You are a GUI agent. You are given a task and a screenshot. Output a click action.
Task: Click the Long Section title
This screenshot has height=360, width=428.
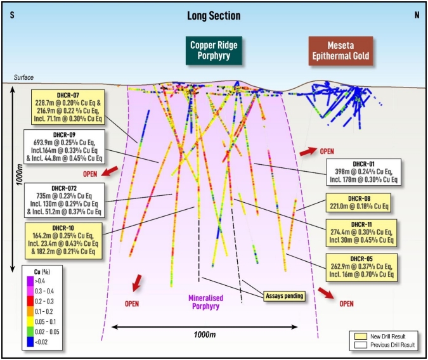pos(214,16)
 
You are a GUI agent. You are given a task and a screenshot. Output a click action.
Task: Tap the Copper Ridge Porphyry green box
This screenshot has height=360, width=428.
pos(214,51)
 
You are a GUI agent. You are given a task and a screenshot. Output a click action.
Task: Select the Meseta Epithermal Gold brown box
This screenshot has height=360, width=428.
pos(340,51)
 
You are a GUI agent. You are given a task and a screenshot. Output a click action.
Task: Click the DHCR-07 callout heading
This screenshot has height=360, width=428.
pos(68,95)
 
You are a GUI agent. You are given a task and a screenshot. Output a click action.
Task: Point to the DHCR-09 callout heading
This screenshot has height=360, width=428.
pos(64,135)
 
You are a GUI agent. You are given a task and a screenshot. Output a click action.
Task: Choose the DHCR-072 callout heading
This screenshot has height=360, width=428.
pos(64,188)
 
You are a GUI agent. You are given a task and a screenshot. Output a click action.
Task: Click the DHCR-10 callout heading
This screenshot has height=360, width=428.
pos(63,228)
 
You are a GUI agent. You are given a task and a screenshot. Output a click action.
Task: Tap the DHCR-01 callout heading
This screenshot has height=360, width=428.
pos(363,164)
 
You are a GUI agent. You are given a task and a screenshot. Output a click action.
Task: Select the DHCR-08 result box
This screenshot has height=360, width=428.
pos(358,203)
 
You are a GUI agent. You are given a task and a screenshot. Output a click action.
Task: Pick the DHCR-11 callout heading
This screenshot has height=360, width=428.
pos(361,224)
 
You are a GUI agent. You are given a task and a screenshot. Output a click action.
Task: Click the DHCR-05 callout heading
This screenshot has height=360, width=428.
pos(361,259)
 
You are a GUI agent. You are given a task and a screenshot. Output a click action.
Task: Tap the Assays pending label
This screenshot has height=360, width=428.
pos(285,296)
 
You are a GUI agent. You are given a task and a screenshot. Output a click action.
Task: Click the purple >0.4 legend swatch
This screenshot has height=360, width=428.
pos(30,281)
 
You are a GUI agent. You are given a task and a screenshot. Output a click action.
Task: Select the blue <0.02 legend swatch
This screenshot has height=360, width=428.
pos(30,342)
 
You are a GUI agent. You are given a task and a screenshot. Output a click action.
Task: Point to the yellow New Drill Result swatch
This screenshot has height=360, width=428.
pos(361,337)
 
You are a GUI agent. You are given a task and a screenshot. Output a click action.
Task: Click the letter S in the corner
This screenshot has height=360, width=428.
pos(12,15)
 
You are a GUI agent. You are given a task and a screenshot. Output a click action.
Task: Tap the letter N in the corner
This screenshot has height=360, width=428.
pos(417,15)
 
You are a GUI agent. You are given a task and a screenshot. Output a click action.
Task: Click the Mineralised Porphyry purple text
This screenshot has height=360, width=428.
pos(206,302)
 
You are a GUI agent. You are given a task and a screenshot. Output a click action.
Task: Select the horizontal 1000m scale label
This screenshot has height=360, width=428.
pos(205,335)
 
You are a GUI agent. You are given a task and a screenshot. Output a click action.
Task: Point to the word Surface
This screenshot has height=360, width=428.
pos(23,77)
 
